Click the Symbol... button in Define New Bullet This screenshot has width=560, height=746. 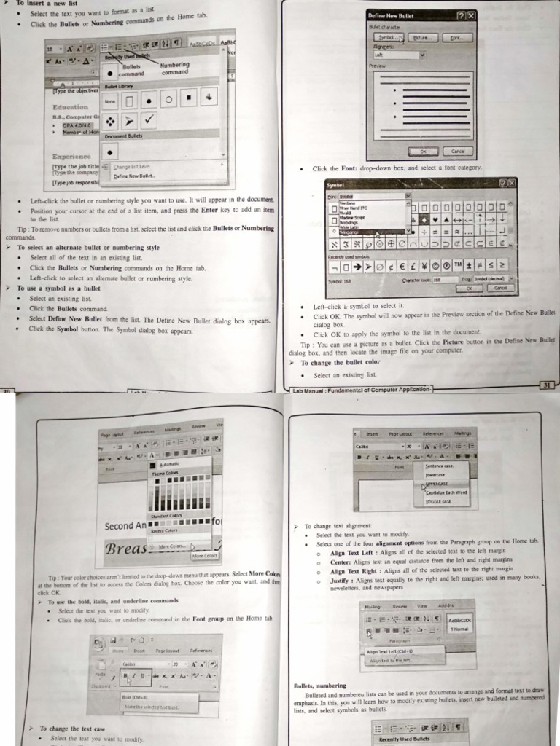[x=387, y=36]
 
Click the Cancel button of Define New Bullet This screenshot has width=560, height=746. [x=458, y=151]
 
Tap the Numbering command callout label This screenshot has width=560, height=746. [x=174, y=68]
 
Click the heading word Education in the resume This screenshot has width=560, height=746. [x=70, y=107]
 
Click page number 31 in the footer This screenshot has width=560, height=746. [x=546, y=384]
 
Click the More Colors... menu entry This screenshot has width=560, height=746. [x=172, y=546]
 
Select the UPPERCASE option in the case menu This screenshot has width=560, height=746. [x=438, y=484]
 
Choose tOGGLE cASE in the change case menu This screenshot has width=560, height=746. [x=438, y=501]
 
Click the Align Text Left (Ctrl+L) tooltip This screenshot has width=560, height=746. [x=389, y=651]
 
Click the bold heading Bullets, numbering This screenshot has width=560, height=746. [x=319, y=686]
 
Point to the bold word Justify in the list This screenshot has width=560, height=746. [x=340, y=581]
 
